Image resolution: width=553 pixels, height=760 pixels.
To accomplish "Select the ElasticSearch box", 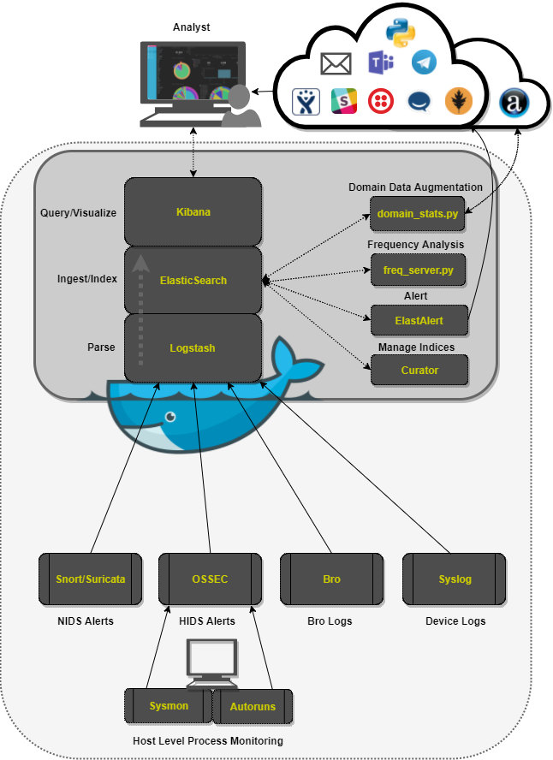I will (x=193, y=280).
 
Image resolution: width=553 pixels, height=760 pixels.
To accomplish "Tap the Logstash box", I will (x=193, y=347).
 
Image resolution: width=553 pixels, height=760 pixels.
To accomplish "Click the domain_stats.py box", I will (x=419, y=213).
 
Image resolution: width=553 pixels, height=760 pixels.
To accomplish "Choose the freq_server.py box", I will (x=419, y=270).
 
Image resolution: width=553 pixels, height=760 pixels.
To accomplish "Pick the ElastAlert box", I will (x=419, y=320).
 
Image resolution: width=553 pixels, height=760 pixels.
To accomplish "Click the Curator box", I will (x=419, y=370).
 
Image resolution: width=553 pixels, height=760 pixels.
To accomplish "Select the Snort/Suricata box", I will (x=89, y=579).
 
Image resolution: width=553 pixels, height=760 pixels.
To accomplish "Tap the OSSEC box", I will (x=211, y=579).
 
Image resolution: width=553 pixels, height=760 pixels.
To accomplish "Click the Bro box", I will (x=331, y=579).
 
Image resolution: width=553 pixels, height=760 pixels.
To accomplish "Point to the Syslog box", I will (x=454, y=579).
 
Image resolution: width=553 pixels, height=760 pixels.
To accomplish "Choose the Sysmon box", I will (x=168, y=706).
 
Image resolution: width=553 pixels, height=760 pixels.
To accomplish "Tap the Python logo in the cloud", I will (x=400, y=32).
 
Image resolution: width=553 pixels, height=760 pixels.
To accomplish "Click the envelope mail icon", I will (x=336, y=63).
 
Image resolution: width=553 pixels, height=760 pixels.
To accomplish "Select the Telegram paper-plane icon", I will (x=424, y=62).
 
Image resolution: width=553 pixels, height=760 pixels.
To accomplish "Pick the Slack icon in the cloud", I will (x=343, y=102).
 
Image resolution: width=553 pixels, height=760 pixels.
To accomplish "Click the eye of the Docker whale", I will (x=172, y=417).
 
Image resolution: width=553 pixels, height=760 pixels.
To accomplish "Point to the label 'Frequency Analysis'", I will (x=415, y=245).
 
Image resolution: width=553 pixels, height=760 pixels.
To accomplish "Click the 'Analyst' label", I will (x=191, y=27).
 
